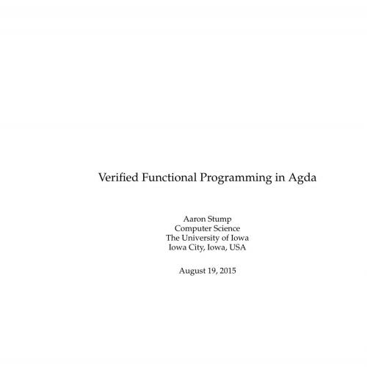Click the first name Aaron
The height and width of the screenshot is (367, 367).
[x=194, y=218]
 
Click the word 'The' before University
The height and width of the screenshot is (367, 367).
[x=173, y=237]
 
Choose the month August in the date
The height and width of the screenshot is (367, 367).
[x=194, y=270]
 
